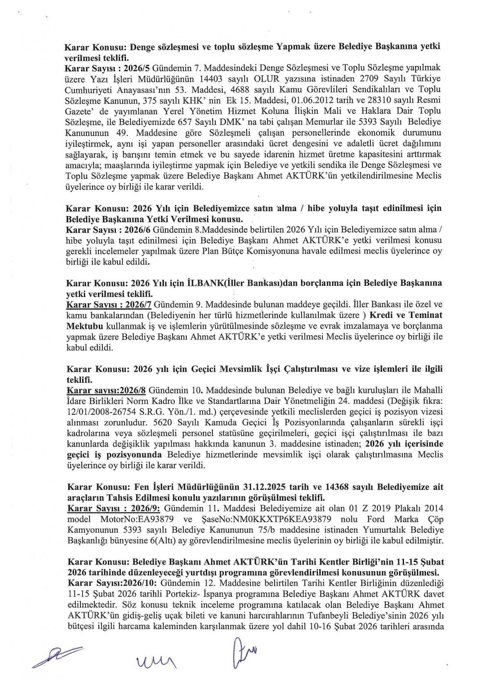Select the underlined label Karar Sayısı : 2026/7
109,305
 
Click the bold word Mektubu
84,326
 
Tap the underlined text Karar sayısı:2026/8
106,391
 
